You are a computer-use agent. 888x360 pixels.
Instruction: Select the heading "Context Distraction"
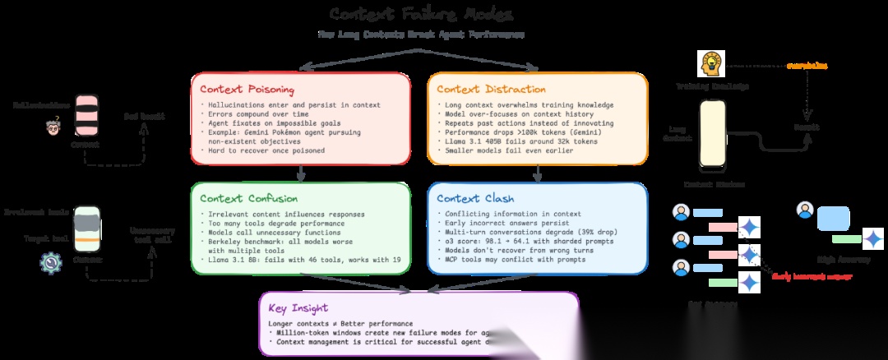(491, 89)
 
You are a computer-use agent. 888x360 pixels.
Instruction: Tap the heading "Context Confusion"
(243, 198)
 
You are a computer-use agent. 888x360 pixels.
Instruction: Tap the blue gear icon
(51, 262)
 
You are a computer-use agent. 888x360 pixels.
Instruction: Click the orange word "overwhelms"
(807, 65)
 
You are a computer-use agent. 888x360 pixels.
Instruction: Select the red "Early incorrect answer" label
(811, 276)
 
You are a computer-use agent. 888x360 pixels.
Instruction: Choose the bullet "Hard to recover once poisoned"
(259, 150)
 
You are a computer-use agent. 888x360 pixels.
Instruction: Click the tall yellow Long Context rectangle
(712, 134)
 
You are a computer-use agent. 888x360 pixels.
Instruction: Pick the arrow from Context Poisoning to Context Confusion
(302, 172)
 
